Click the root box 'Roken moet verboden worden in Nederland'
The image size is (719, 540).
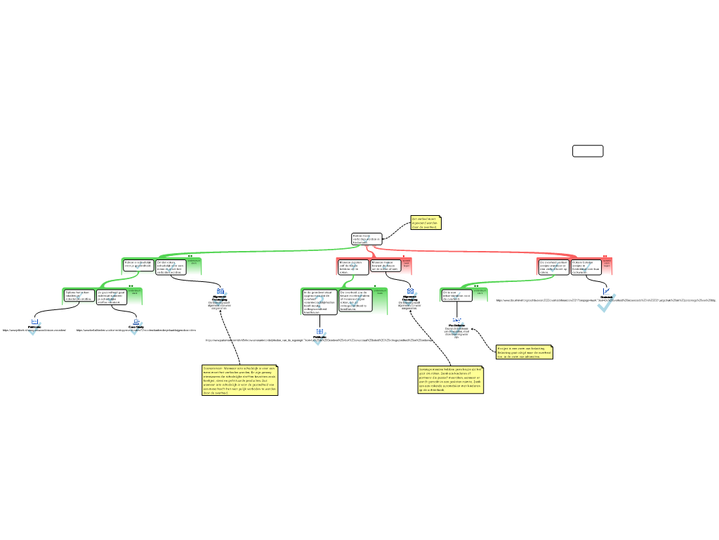pyautogui.click(x=366, y=239)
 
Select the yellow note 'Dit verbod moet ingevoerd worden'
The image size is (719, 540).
pyautogui.click(x=426, y=223)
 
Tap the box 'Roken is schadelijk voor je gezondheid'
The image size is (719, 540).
pyautogui.click(x=138, y=265)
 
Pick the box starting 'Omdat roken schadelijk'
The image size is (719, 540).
pyautogui.click(x=171, y=267)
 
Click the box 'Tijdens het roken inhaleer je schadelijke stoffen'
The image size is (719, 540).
pyautogui.click(x=79, y=296)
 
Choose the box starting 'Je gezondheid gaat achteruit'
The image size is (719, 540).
pyautogui.click(x=112, y=297)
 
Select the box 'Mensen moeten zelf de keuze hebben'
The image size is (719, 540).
pyautogui.click(x=352, y=266)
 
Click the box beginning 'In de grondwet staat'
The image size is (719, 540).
pyautogui.click(x=319, y=301)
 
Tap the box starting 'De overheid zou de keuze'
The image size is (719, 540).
pyautogui.click(x=356, y=300)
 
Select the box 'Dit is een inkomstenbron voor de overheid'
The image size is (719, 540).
pyautogui.click(x=456, y=295)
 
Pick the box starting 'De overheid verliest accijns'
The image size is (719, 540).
pyautogui.click(x=553, y=266)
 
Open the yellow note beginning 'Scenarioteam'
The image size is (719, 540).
pyautogui.click(x=240, y=380)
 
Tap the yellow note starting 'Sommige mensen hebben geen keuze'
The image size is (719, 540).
pyautogui.click(x=451, y=380)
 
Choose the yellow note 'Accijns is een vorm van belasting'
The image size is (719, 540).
pyautogui.click(x=525, y=352)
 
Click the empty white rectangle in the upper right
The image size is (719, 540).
pyautogui.click(x=588, y=151)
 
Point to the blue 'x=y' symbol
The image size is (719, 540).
pyautogui.click(x=456, y=321)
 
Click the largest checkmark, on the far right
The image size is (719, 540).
pyautogui.click(x=606, y=303)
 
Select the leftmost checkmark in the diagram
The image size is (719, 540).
pyautogui.click(x=35, y=328)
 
